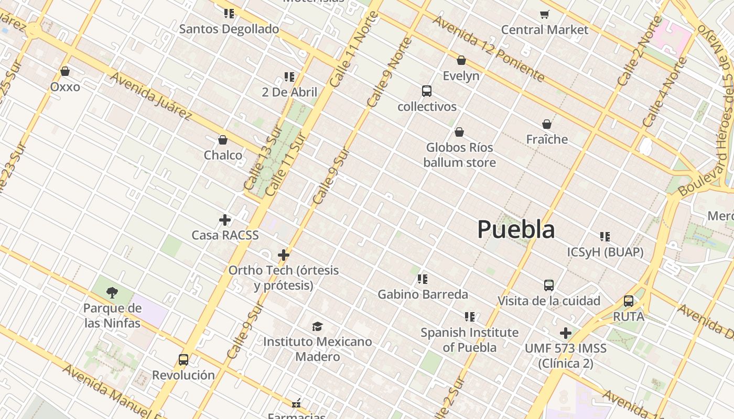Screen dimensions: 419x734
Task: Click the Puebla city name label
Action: [516, 230]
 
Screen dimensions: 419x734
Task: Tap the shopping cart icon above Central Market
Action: [545, 14]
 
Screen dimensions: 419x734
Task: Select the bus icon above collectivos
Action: [427, 91]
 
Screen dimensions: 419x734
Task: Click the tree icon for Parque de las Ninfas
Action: [112, 292]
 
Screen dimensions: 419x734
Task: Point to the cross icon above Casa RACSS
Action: [225, 220]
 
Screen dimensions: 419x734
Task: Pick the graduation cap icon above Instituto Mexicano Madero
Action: [317, 327]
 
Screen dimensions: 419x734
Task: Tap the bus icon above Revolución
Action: [183, 360]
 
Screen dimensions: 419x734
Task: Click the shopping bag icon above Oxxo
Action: [65, 71]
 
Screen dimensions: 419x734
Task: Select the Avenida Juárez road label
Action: [151, 96]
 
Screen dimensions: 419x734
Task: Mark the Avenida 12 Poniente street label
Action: [488, 48]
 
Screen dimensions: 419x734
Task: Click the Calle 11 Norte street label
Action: [354, 50]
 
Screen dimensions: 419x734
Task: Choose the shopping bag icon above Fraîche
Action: [547, 125]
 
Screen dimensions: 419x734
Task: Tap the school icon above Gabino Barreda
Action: [423, 279]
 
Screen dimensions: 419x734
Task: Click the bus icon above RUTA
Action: [629, 301]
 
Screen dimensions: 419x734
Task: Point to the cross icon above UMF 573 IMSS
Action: [565, 333]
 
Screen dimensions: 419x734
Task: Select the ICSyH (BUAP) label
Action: [605, 252]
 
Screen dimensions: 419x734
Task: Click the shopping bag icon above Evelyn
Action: [461, 61]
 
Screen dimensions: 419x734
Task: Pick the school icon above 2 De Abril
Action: [289, 77]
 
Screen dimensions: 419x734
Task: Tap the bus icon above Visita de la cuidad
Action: [549, 285]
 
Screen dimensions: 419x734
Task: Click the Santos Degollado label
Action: [229, 29]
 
